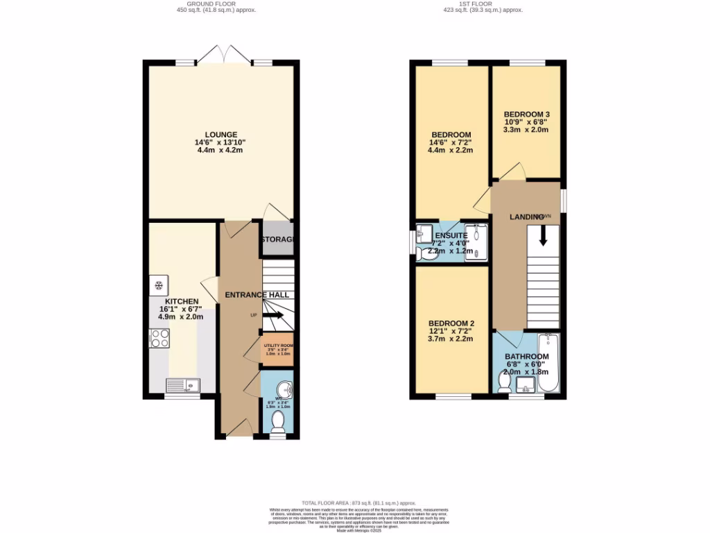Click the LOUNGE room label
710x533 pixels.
pos(220,135)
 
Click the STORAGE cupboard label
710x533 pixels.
pos(277,240)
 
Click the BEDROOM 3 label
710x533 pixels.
pos(526,114)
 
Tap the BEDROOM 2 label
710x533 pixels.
pos(451,323)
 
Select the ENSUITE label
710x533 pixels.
pos(451,235)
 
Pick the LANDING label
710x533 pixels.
pos(526,217)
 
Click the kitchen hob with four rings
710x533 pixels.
pos(159,338)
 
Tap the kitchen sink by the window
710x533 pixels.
pos(182,385)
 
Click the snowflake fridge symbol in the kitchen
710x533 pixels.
pos(157,285)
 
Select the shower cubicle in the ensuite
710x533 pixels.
pos(476,242)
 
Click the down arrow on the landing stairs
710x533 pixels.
pos(542,237)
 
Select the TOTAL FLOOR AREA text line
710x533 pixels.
pos(358,502)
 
